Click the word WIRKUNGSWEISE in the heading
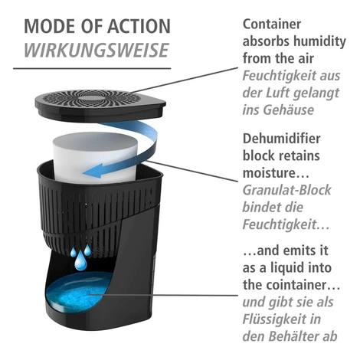tap(97, 50)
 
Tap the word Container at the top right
tap(272, 25)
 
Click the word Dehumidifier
tap(281, 139)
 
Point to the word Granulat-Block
tap(286, 190)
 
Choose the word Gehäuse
tap(289, 110)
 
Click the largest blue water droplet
tap(80, 260)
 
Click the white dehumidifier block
tap(95, 155)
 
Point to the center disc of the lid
tap(90, 99)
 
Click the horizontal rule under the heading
tap(92, 68)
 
